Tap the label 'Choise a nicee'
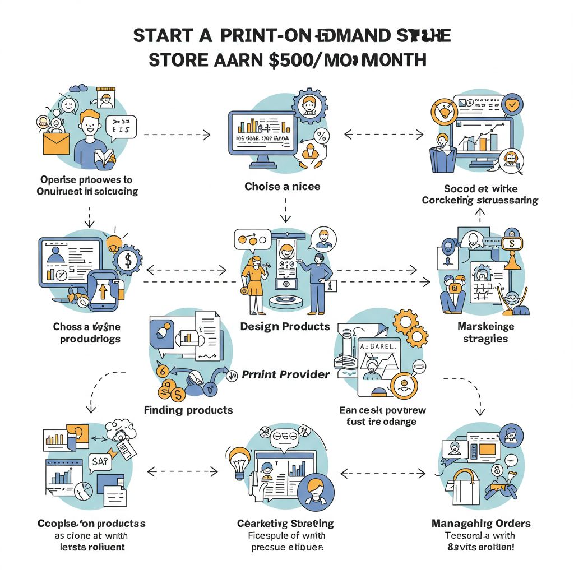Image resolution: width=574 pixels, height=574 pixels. tap(282, 186)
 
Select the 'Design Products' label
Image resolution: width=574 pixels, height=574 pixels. tap(285, 326)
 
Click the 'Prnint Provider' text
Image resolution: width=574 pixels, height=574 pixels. tap(285, 374)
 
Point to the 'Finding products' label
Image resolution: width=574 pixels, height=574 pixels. tap(188, 410)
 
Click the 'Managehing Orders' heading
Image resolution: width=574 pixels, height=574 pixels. tap(481, 524)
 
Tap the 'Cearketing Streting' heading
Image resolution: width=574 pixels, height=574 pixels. tap(285, 524)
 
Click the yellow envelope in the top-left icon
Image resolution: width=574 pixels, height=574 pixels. tap(55, 142)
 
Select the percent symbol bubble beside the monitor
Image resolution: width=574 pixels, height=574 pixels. tap(322, 135)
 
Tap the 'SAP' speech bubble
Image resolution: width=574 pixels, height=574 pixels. tap(101, 462)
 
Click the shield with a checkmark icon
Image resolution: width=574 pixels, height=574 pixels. tap(512, 105)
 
